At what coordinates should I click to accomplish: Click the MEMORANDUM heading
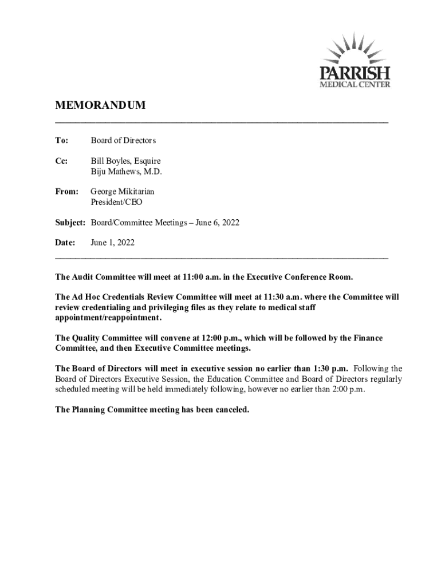(100, 106)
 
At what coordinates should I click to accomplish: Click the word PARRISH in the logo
(354, 74)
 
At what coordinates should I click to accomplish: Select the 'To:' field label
(61, 140)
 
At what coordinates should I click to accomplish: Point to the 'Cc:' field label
(61, 161)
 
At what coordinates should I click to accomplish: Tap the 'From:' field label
(66, 192)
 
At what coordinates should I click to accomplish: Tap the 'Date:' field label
(65, 243)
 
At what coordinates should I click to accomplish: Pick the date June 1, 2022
(113, 243)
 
